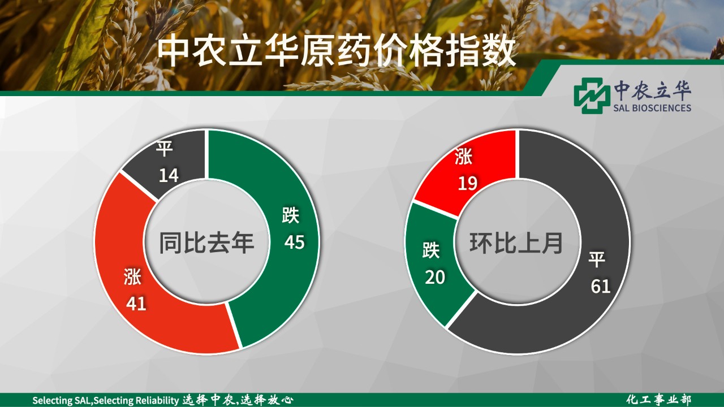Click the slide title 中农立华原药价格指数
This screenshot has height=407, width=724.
tap(336, 51)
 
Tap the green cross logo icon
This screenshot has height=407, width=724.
tap(590, 96)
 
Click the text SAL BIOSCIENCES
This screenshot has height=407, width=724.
tap(652, 108)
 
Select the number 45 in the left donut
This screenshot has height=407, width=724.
tap(295, 243)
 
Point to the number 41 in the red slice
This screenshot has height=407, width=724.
tap(136, 304)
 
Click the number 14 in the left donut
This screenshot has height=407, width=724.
tap(169, 175)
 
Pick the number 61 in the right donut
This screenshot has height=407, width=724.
tap(601, 287)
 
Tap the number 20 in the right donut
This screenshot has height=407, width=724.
tap(435, 278)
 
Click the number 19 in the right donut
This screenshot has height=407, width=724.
tap(467, 183)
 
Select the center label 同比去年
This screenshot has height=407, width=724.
tap(206, 243)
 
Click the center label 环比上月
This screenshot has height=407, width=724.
tap(516, 243)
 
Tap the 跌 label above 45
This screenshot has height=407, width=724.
tap(291, 215)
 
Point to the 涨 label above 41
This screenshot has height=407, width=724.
tap(132, 276)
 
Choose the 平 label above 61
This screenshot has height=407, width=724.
tap(597, 259)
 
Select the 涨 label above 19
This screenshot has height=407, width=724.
tap(463, 157)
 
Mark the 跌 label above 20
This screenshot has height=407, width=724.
tap(431, 250)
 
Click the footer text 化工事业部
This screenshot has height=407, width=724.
tap(659, 400)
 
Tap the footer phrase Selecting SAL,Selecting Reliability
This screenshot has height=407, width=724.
tap(106, 401)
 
